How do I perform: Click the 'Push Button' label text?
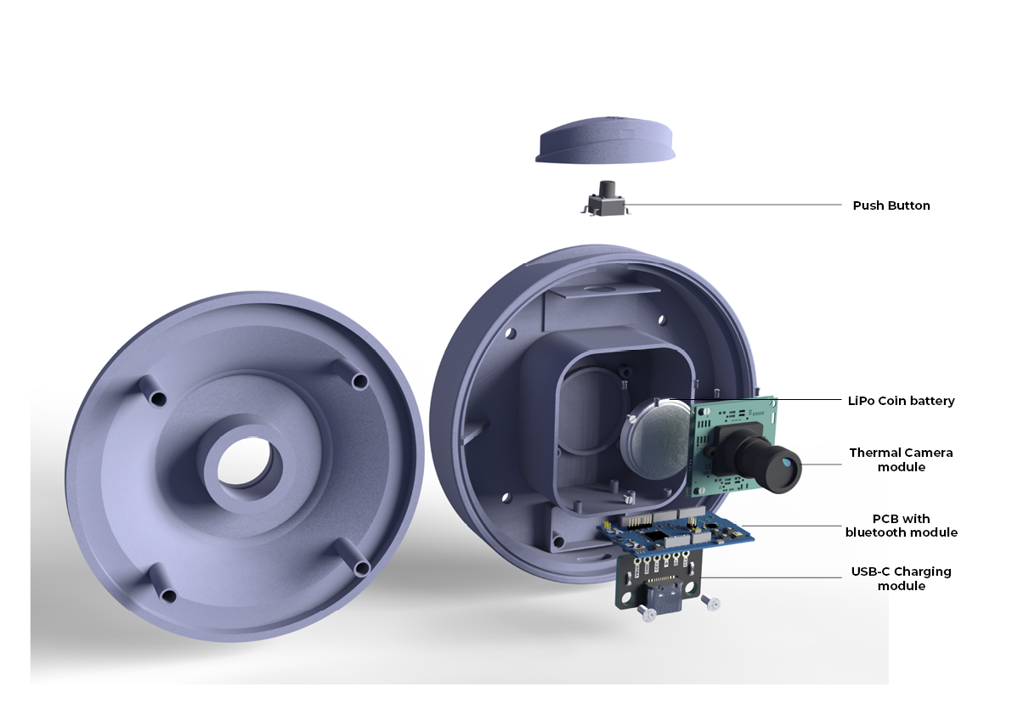pyautogui.click(x=891, y=205)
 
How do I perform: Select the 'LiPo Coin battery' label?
pyautogui.click(x=901, y=401)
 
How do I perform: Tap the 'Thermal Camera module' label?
pyautogui.click(x=901, y=459)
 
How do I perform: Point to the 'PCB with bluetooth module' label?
pyautogui.click(x=901, y=526)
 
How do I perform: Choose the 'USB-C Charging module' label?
pyautogui.click(x=901, y=578)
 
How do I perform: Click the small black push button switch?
pyautogui.click(x=605, y=199)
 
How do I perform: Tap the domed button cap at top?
pyautogui.click(x=605, y=140)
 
